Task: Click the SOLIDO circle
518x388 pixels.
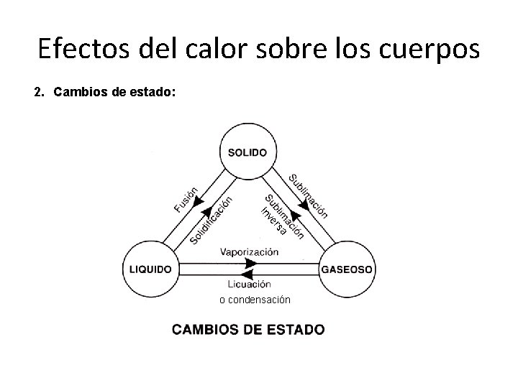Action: tap(247, 152)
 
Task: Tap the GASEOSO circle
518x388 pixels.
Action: tap(346, 269)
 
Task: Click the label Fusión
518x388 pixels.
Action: tap(186, 199)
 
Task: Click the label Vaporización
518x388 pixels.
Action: tap(249, 252)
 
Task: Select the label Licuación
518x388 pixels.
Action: tap(249, 284)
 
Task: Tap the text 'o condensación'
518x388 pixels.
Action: tap(255, 299)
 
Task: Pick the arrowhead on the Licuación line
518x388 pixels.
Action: tap(248, 274)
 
